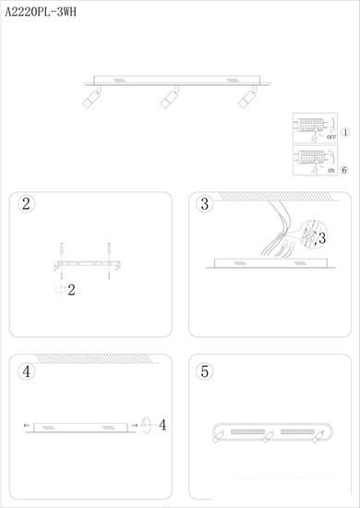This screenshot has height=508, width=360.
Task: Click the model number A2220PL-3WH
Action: (41, 12)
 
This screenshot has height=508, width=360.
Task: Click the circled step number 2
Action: (26, 204)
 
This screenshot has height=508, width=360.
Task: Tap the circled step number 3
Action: (205, 204)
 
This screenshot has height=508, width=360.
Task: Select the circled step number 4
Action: (26, 371)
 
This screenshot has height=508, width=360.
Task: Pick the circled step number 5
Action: (205, 371)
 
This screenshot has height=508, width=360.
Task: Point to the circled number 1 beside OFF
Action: (346, 132)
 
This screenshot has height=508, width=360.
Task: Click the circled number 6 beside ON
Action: (344, 170)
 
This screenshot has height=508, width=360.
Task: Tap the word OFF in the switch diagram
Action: (331, 137)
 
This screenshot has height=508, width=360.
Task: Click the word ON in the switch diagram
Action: (331, 171)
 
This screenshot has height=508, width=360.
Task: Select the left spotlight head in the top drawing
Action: (90, 99)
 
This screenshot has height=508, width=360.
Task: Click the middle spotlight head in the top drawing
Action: (169, 99)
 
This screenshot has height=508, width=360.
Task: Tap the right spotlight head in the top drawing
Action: (246, 99)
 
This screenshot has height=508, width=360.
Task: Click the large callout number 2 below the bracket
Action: (71, 290)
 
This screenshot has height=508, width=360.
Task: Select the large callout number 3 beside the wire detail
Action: (322, 238)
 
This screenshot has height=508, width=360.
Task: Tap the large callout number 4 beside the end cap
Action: (162, 425)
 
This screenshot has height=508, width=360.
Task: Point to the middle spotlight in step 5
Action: (268, 436)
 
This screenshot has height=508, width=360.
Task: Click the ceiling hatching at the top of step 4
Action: (93, 358)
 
